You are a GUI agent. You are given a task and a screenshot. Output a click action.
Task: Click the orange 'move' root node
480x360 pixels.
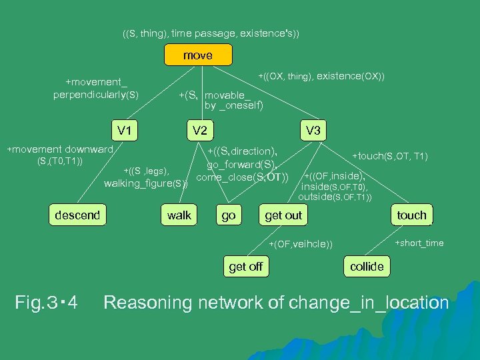click(x=198, y=55)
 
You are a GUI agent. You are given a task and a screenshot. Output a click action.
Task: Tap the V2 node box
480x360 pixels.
click(x=199, y=130)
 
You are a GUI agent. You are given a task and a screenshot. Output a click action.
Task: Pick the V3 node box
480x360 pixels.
click(x=312, y=130)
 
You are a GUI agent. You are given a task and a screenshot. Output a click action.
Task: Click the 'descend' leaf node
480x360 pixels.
click(x=77, y=215)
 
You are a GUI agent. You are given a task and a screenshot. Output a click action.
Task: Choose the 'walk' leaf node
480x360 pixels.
click(x=179, y=215)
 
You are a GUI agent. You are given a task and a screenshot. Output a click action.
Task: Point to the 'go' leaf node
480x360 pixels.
click(x=228, y=215)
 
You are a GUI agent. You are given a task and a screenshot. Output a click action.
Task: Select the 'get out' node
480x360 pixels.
click(x=283, y=215)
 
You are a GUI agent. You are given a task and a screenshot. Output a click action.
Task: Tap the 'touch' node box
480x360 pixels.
click(x=411, y=215)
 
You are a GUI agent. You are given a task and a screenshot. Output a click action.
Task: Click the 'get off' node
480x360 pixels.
click(x=245, y=267)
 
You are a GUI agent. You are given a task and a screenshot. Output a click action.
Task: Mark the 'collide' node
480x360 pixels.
click(x=367, y=267)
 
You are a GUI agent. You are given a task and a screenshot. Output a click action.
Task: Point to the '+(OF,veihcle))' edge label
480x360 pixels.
click(x=301, y=243)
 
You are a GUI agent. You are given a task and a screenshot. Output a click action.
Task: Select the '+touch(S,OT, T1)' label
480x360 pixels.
click(x=390, y=156)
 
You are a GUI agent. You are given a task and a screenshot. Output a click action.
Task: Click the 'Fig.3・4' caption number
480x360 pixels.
click(x=46, y=303)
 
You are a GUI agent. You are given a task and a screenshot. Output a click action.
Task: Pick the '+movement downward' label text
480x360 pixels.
click(x=60, y=149)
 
